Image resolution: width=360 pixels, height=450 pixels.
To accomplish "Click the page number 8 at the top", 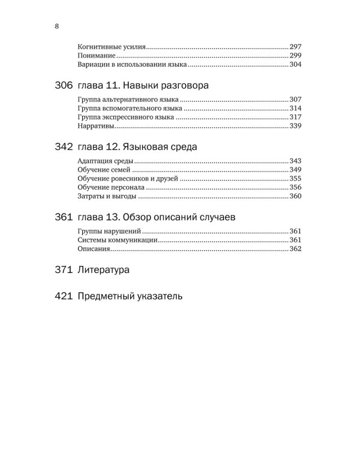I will pos(56,26).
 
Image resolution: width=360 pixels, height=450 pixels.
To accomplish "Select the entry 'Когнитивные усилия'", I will pos(112,47).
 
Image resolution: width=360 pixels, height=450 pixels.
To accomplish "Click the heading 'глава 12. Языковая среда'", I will pos(139,147).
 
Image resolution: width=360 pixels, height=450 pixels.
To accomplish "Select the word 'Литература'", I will pos(104,270).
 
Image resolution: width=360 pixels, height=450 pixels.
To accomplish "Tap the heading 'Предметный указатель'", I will pos(130,296).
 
